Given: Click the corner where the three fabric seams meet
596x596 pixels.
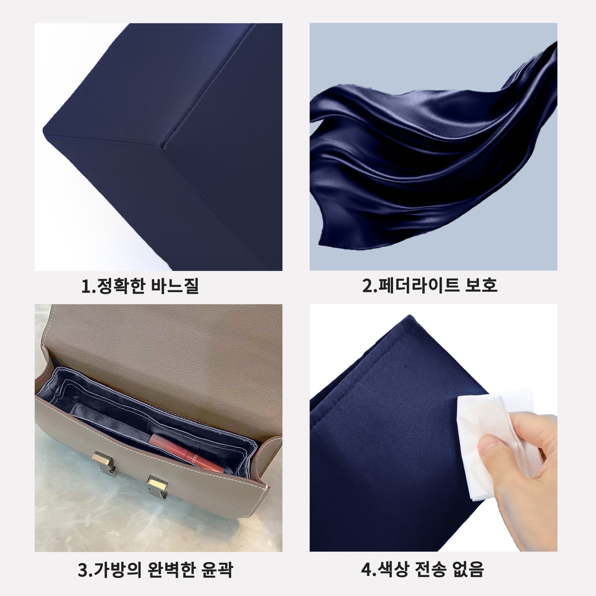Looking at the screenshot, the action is pyautogui.click(x=166, y=143).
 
